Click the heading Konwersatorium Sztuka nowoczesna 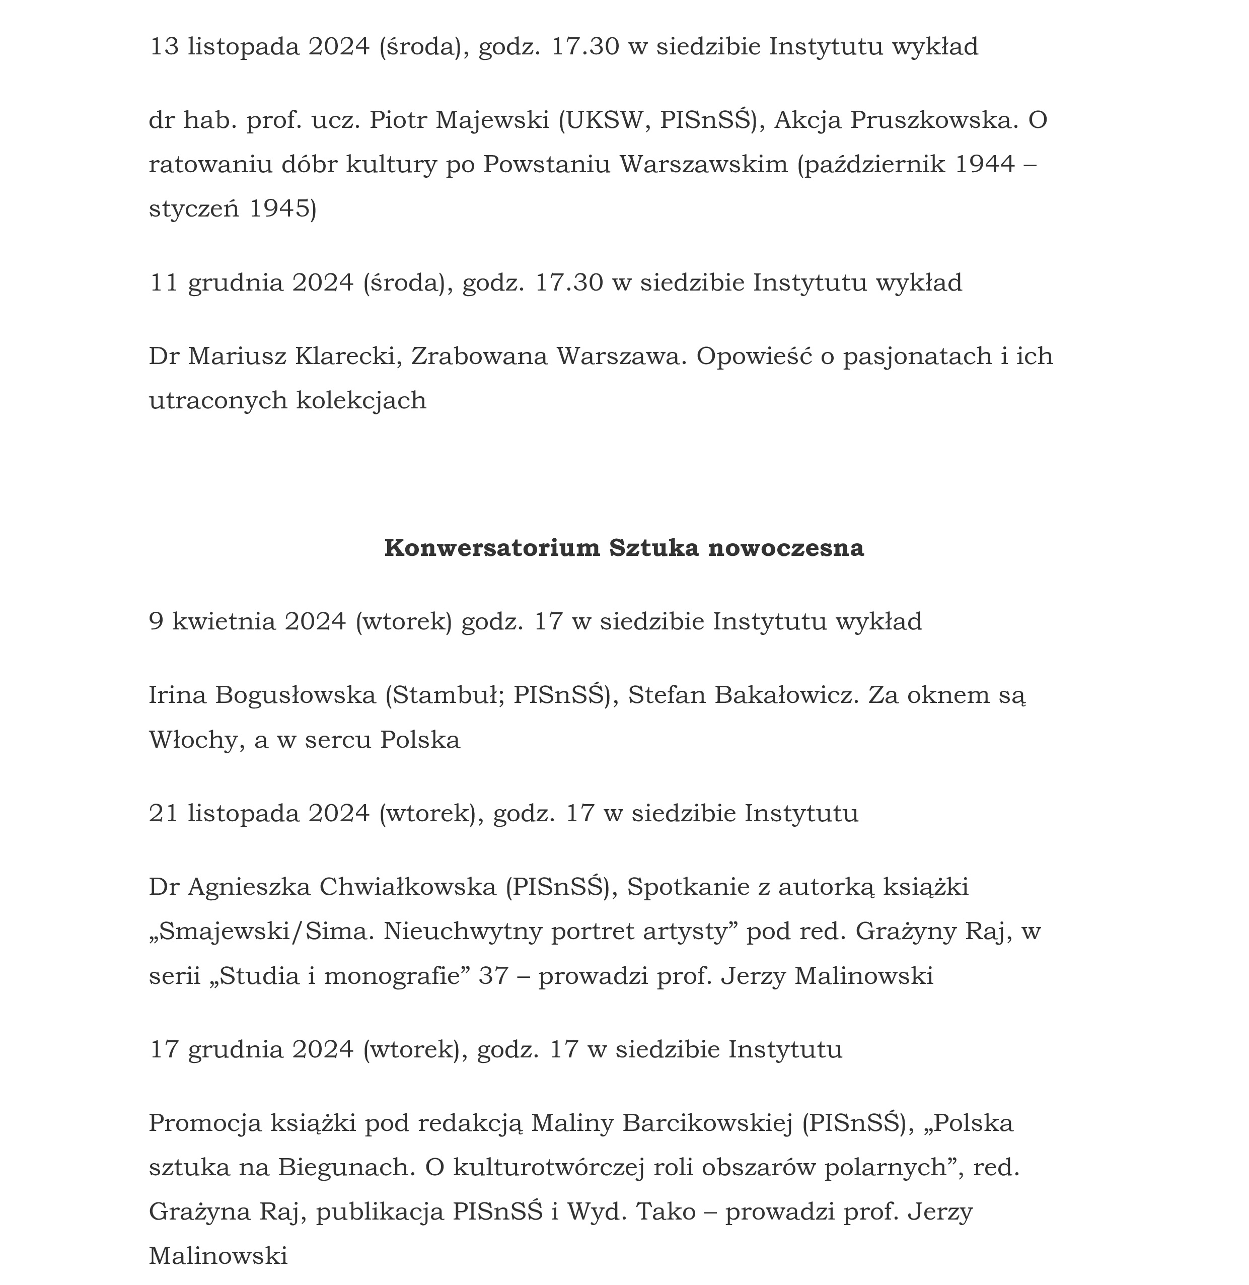(x=624, y=548)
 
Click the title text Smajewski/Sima (x=266, y=932)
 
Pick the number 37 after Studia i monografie (x=493, y=976)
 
